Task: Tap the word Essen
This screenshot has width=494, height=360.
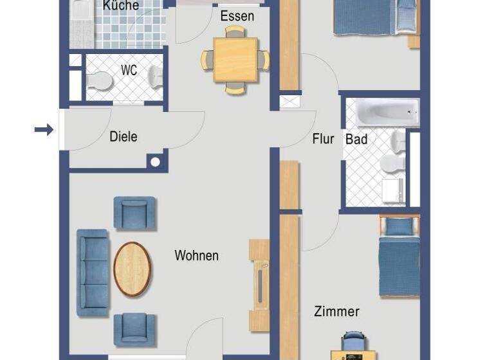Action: click(237, 16)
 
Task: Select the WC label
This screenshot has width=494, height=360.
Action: click(129, 71)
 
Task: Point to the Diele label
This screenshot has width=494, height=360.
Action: click(123, 137)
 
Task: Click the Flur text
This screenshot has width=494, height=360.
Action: click(323, 138)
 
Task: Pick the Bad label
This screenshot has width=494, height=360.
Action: click(356, 139)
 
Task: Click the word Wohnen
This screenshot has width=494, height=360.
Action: click(196, 256)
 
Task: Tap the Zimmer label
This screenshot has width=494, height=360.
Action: click(336, 312)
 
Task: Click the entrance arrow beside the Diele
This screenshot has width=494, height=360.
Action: click(44, 130)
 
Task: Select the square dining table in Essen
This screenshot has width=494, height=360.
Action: click(235, 60)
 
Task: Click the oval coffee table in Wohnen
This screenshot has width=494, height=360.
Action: click(132, 269)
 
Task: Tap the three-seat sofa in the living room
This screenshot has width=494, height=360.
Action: click(93, 273)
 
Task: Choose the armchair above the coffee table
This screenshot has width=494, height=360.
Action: click(134, 213)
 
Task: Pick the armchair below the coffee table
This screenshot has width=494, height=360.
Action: click(134, 329)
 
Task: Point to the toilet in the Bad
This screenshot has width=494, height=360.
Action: click(391, 163)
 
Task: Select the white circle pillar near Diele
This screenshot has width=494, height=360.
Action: click(155, 161)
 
